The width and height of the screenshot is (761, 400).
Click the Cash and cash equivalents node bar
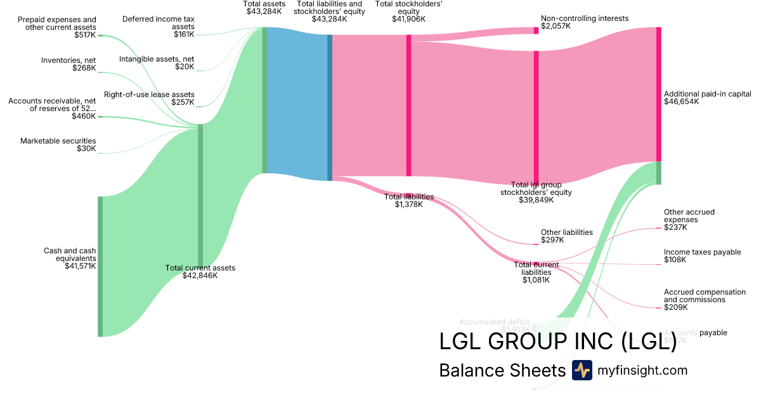tap(100, 266)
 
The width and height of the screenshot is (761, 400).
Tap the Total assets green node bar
tap(264, 100)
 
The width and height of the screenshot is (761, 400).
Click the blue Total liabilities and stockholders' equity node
tap(330, 107)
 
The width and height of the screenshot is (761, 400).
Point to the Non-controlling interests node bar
tap(536, 30)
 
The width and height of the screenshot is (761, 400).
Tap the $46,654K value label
tap(682, 102)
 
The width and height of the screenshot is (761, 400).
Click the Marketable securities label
tap(58, 141)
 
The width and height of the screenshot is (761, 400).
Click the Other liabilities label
tap(566, 232)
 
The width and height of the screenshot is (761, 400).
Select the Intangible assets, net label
tap(156, 59)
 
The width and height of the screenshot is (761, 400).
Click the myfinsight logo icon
tap(582, 370)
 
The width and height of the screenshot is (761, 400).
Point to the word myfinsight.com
tap(642, 370)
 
